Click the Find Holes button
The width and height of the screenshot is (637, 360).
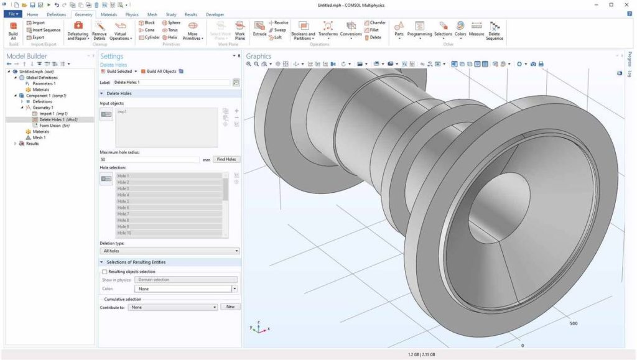tap(226, 159)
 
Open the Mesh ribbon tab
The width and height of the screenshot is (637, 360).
tap(152, 14)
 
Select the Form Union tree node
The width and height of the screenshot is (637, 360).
tap(50, 126)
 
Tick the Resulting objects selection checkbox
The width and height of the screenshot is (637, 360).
tap(105, 272)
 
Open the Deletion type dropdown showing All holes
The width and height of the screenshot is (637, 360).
tap(169, 251)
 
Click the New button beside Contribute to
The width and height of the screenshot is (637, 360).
tap(230, 307)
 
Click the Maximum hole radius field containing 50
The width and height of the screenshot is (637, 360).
tap(149, 160)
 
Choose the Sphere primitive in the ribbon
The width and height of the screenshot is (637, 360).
tap(171, 22)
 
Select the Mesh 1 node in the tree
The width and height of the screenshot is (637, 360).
tap(39, 137)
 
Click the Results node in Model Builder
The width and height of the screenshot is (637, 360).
tap(32, 144)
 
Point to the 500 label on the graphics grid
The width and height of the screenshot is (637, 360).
tap(573, 323)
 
